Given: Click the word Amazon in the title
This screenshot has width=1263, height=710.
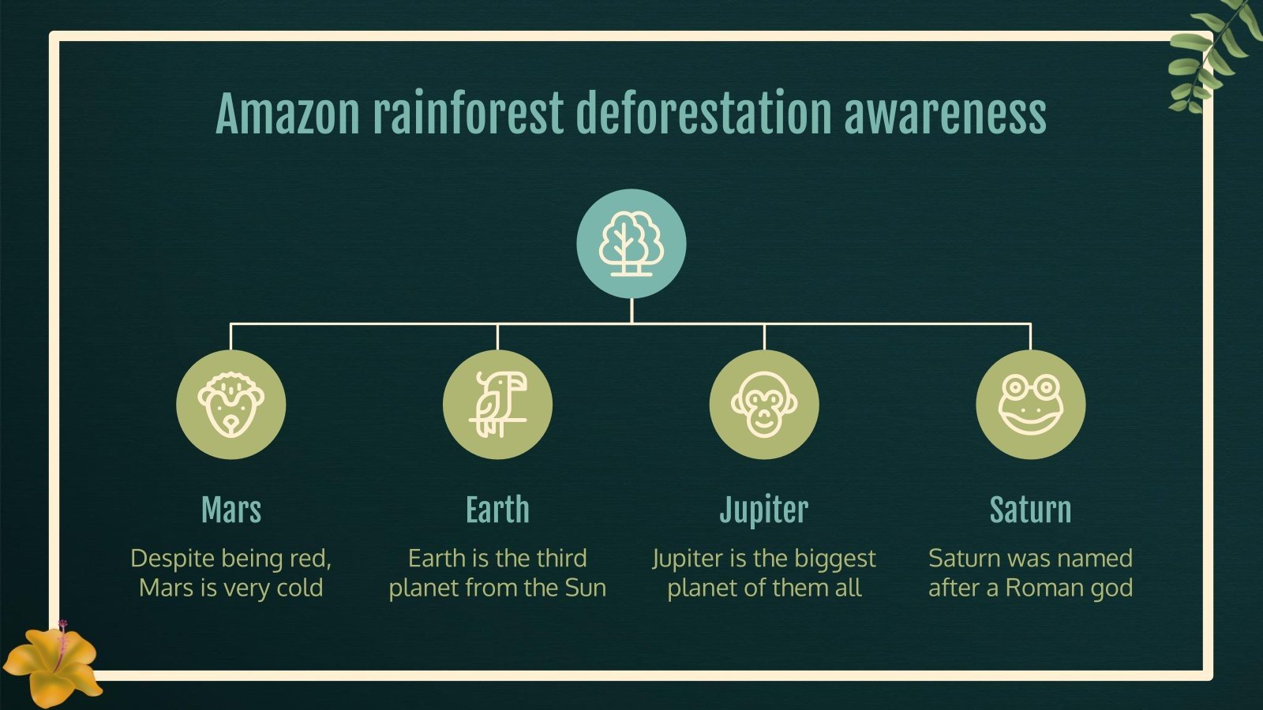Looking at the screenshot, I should click(x=287, y=114).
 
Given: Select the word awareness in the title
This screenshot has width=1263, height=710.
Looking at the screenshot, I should click(x=945, y=114).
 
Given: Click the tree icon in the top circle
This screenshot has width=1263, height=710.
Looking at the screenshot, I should click(x=631, y=244).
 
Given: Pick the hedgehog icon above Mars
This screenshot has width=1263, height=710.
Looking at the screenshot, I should click(x=230, y=405).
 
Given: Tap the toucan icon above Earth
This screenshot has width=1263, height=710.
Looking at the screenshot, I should click(x=497, y=405).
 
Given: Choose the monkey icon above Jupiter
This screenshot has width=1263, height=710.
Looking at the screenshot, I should click(x=763, y=405).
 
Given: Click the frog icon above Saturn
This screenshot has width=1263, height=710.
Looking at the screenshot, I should click(x=1030, y=405).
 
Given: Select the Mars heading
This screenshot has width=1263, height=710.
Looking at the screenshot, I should click(x=230, y=510).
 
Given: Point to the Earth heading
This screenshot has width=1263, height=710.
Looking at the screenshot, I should click(x=497, y=510).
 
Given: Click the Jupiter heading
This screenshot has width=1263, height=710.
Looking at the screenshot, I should click(x=763, y=510).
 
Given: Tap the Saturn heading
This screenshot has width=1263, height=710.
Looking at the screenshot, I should click(x=1030, y=510).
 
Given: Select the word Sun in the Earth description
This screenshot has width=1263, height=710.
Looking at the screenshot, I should click(x=585, y=588).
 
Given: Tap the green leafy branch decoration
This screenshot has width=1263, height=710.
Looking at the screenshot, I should click(x=1212, y=55).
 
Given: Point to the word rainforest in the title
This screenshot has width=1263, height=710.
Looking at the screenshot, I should click(x=467, y=114).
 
